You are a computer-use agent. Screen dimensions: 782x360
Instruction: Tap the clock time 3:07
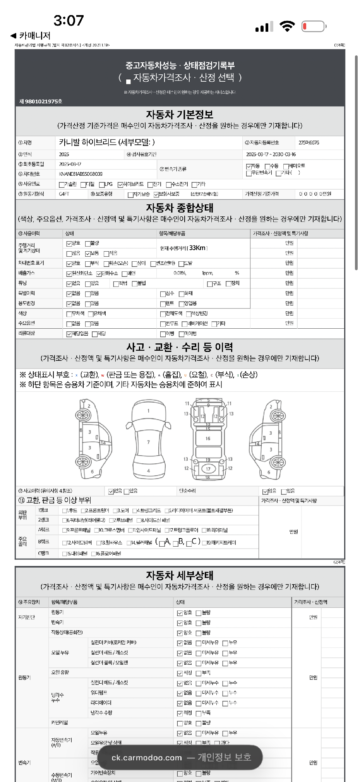69,21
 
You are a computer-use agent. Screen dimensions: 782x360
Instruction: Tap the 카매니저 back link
31,36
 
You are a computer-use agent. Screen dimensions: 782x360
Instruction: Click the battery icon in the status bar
314,26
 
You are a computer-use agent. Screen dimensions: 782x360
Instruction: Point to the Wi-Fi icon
287,26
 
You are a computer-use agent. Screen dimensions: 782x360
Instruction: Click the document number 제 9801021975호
41,101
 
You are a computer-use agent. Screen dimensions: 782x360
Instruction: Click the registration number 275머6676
309,143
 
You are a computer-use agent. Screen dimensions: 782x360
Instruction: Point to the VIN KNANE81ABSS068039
81,174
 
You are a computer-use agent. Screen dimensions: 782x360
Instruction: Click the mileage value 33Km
197,248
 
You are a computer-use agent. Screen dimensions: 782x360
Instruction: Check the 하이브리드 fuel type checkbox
120,185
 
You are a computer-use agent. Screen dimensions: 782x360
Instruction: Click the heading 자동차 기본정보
180,115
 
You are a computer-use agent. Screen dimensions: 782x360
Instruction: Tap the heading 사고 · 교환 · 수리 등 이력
180,347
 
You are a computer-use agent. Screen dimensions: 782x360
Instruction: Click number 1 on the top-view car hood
148,411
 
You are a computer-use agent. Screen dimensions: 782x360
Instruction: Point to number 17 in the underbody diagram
208,469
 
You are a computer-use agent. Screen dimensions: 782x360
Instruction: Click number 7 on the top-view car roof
148,442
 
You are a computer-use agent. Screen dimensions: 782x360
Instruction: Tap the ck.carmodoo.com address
147,758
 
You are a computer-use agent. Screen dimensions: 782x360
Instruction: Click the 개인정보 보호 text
225,757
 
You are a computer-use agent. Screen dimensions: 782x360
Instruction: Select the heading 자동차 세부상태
180,575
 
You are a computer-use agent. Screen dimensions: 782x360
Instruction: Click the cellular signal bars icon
264,27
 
